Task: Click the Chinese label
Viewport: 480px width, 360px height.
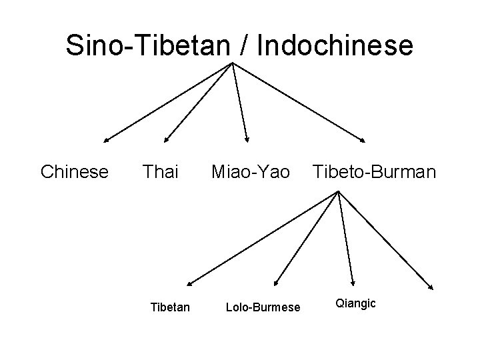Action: tap(75, 173)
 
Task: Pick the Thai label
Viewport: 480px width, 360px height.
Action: tap(161, 173)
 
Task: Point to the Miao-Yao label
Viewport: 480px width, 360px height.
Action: tap(251, 173)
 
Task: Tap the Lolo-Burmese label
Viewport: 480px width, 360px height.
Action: tap(263, 307)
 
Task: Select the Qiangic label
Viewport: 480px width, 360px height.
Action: tap(355, 304)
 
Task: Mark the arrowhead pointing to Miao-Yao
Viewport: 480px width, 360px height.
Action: tap(247, 140)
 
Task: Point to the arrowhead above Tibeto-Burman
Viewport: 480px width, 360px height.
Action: tap(363, 140)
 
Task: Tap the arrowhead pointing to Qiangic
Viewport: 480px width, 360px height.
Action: tap(353, 283)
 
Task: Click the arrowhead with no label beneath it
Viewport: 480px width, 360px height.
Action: tap(432, 287)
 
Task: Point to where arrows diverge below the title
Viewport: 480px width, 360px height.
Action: tap(232, 63)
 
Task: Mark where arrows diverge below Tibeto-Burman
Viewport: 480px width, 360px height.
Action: tap(338, 193)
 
